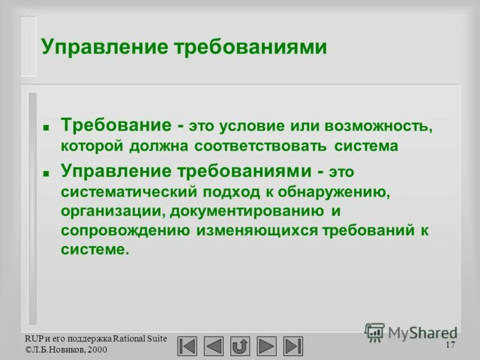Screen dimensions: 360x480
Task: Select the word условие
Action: click(x=247, y=127)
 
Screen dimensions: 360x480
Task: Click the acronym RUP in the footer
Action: click(x=32, y=338)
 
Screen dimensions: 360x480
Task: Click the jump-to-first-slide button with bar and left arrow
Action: click(x=187, y=346)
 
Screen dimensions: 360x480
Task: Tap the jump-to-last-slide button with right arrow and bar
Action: click(x=293, y=346)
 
